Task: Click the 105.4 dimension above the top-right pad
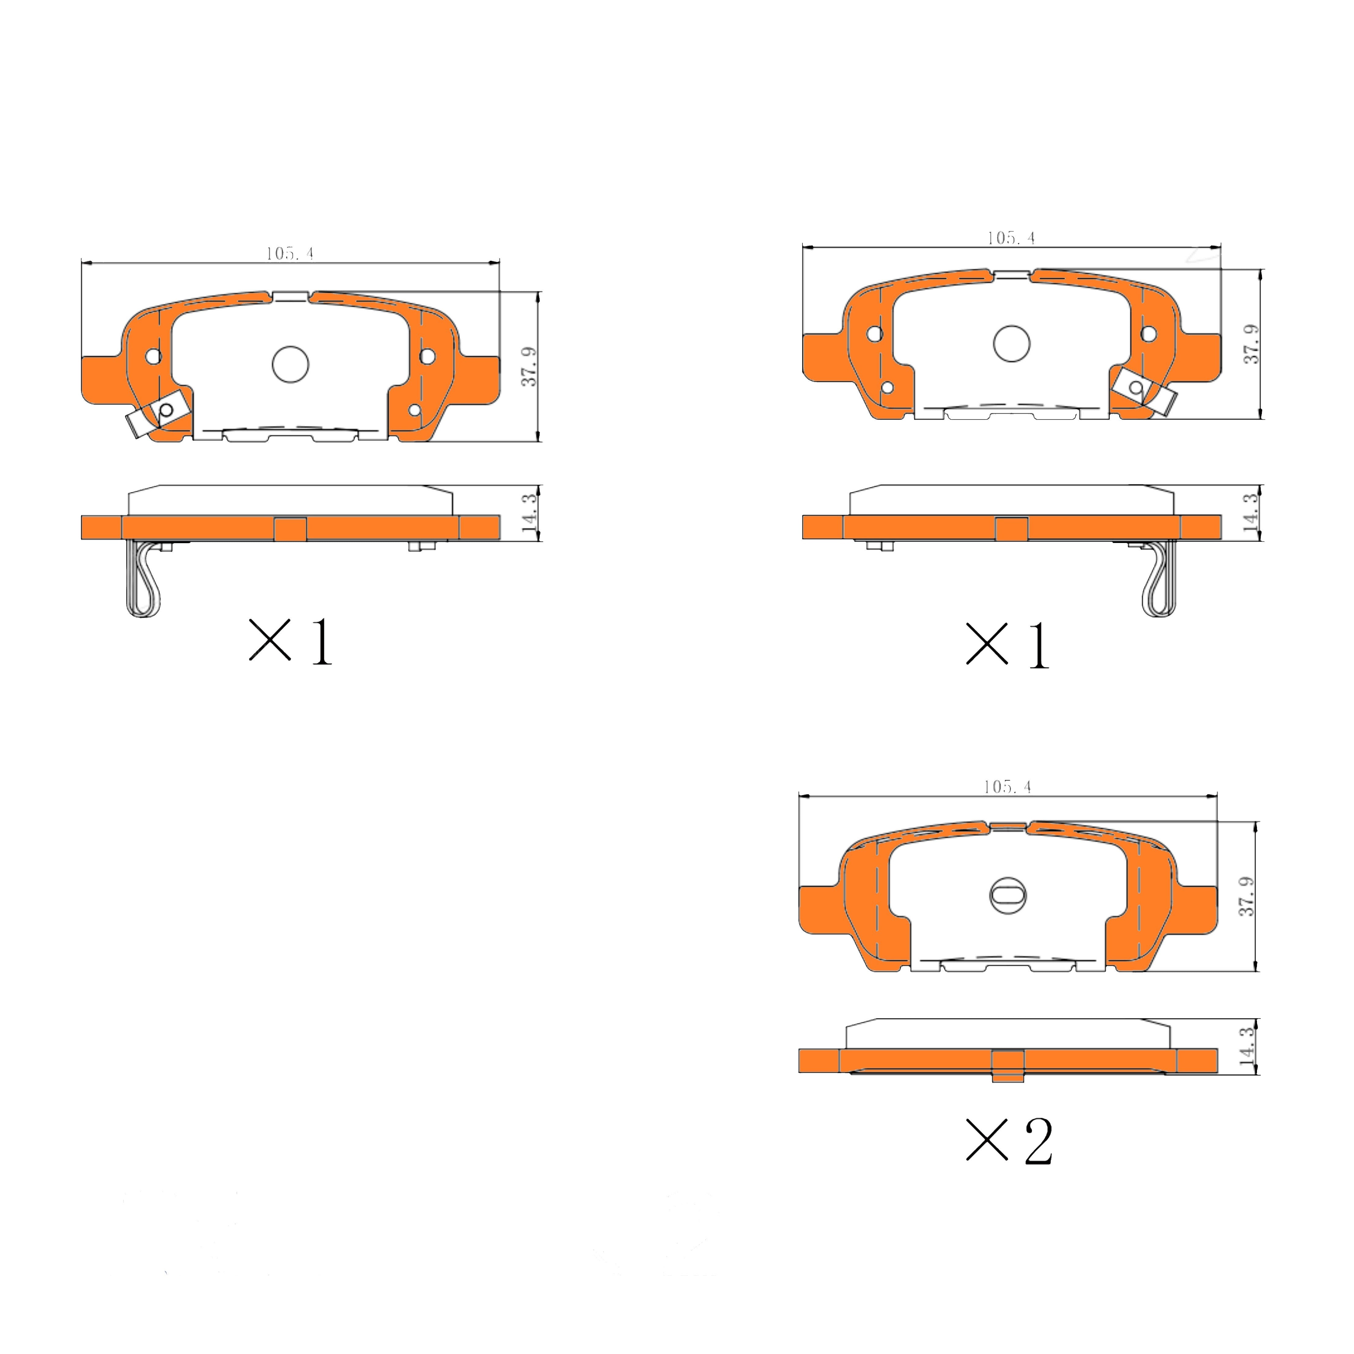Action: click(x=1011, y=238)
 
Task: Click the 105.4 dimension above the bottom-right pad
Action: click(x=1007, y=787)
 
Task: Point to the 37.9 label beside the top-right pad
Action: click(x=1251, y=343)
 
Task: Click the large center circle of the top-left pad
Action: click(x=290, y=365)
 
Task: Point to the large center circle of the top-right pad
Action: click(x=1011, y=343)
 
